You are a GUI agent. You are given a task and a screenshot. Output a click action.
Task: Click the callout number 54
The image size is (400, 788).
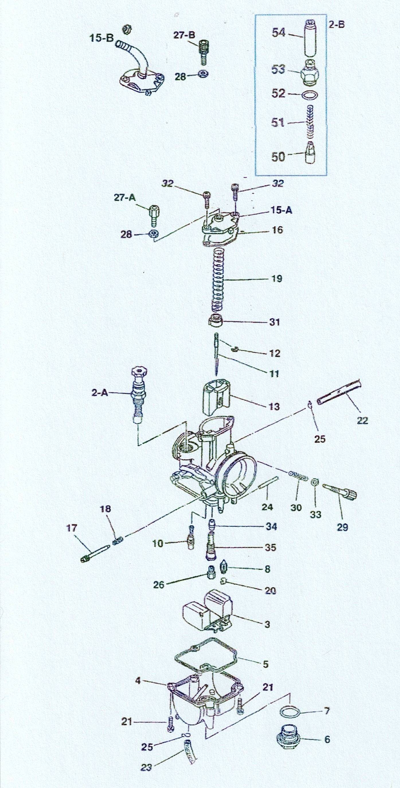tap(279, 33)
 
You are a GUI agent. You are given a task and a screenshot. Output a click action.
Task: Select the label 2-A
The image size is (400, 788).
tap(99, 393)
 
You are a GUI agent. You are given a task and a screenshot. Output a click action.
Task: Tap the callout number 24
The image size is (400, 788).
tap(267, 507)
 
